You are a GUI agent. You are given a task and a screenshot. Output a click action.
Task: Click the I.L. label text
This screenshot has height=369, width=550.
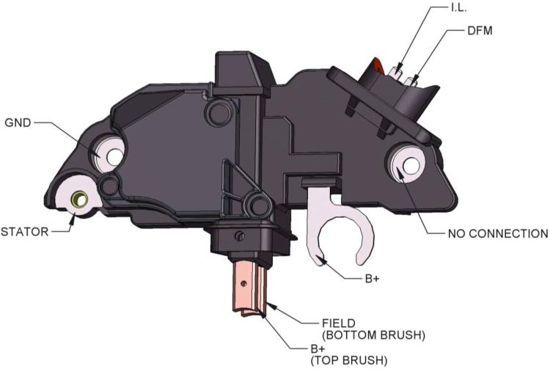coord(458,8)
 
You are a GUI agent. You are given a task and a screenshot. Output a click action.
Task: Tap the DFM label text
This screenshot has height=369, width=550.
coord(480,31)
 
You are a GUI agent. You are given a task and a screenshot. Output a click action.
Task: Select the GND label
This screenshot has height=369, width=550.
coord(18,123)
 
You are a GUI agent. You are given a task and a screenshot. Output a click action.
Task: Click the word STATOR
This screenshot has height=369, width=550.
coord(24,232)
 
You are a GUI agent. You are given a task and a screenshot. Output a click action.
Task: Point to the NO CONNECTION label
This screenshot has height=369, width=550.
coord(498,233)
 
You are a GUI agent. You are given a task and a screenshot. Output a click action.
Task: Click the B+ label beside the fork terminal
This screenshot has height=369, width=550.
coord(372,279)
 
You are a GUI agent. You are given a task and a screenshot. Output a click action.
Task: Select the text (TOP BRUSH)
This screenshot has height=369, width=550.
coord(349,360)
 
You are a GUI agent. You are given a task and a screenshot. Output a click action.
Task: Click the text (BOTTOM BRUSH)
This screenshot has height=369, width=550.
coord(373,335)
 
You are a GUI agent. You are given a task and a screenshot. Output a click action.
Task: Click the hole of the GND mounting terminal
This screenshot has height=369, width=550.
coord(114,157)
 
